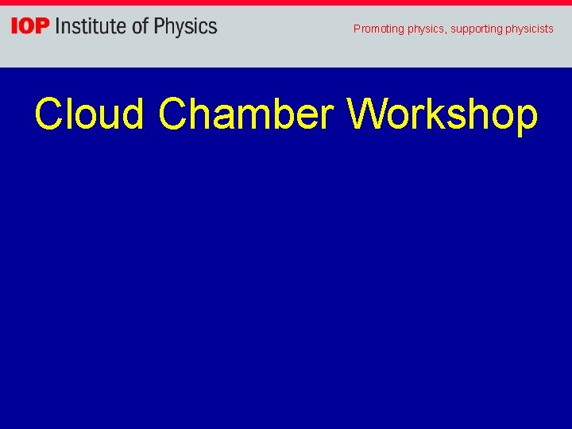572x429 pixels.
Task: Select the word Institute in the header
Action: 90,27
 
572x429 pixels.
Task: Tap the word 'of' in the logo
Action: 139,27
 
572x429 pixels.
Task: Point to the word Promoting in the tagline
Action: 379,29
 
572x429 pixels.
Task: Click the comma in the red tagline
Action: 446,32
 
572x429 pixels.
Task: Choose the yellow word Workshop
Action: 443,115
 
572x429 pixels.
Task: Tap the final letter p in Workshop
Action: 526,119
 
